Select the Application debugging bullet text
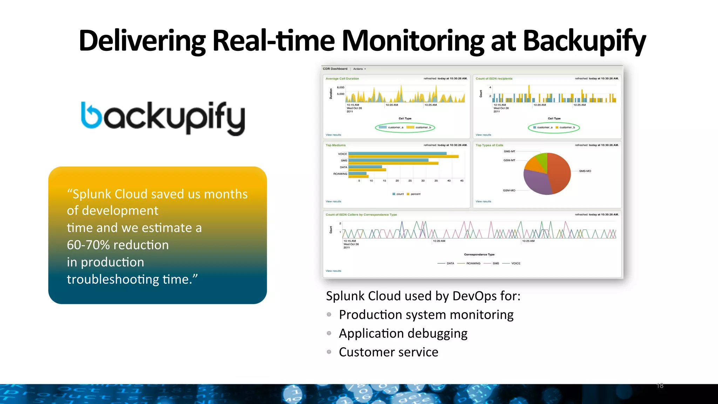tap(403, 333)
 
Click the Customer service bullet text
tap(388, 352)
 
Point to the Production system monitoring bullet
tap(426, 315)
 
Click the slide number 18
tap(660, 386)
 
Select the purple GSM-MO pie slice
tap(536, 181)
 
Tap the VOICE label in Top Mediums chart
tap(343, 154)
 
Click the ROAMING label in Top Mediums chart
tap(340, 174)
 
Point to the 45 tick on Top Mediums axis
tap(462, 181)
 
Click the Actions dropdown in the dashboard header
tap(359, 69)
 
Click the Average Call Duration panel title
tap(342, 79)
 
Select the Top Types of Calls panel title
tap(489, 145)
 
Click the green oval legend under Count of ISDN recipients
tap(554, 128)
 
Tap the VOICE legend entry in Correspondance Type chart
tap(515, 263)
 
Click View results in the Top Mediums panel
tap(333, 202)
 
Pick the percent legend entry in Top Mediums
tap(415, 194)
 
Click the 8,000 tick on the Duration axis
tap(340, 87)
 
